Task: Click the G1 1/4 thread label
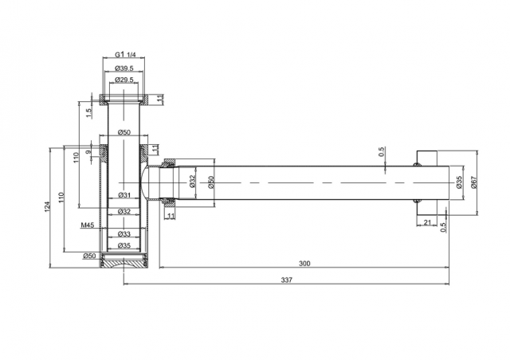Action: click(125, 54)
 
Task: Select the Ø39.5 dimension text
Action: click(124, 68)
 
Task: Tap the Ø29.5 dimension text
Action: click(124, 80)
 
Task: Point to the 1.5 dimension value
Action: click(88, 114)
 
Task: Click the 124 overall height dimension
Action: click(47, 207)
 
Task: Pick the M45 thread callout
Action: click(88, 225)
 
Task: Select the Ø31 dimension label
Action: click(124, 195)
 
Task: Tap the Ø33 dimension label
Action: click(124, 234)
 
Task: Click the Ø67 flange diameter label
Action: click(473, 182)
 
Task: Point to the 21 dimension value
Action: click(427, 222)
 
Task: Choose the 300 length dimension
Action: click(304, 263)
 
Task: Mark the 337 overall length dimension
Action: click(287, 280)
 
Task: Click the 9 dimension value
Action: click(88, 152)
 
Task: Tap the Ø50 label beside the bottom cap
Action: click(89, 256)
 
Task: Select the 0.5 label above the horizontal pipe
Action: click(382, 151)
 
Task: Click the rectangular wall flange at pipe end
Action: click(427, 182)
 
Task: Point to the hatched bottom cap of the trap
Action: click(124, 260)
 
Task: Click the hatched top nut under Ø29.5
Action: click(124, 100)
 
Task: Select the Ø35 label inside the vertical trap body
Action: click(124, 245)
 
